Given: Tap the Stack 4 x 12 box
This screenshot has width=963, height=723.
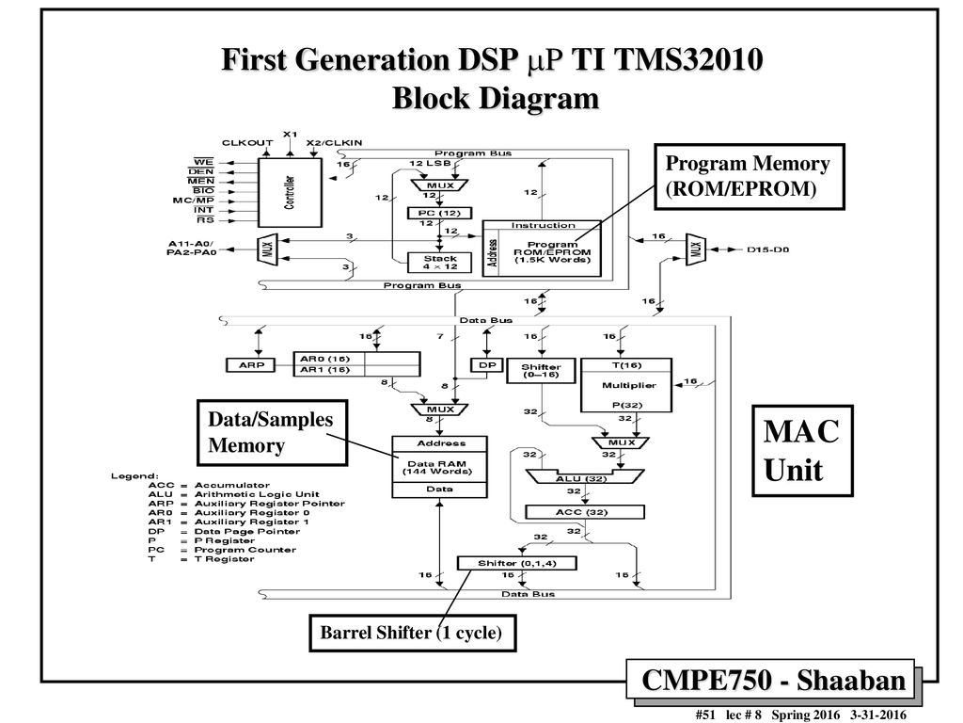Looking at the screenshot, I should (x=440, y=263).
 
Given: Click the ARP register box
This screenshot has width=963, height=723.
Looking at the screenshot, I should (x=247, y=363).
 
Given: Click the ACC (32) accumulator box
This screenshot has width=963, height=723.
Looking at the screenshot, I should (x=586, y=511).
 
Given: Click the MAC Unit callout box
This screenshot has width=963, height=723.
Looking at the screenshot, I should (x=801, y=450).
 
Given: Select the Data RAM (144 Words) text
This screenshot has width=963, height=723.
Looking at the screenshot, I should (x=438, y=466).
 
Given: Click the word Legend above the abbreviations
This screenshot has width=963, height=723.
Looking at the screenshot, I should (x=134, y=475).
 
